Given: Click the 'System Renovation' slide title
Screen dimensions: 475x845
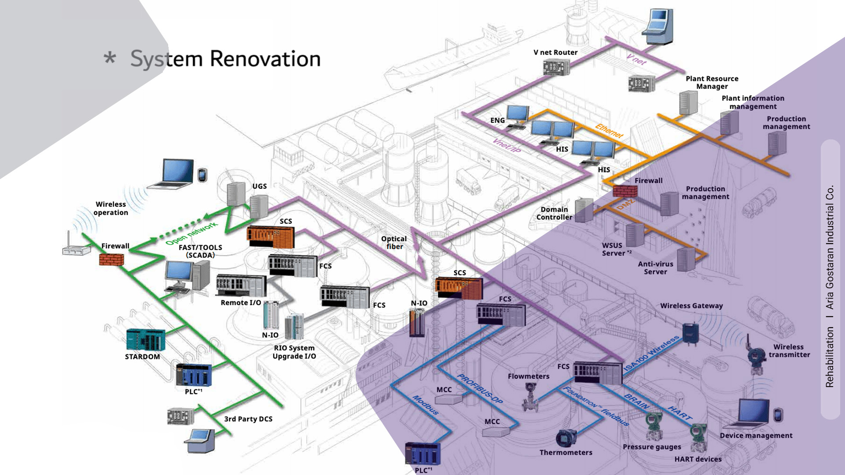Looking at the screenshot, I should point(225,59).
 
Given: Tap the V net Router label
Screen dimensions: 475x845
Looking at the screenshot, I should point(555,52).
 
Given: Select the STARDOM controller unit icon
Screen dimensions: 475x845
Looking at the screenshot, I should point(146,340).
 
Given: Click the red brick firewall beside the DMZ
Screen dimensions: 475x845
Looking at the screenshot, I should point(625,191).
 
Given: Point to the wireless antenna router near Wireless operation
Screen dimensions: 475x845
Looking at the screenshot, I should point(76,247).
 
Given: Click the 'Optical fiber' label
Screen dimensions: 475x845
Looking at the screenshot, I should point(394,242).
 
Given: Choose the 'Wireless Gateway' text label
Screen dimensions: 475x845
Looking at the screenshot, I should point(691,306).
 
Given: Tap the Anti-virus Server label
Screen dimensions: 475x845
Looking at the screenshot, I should point(655,268).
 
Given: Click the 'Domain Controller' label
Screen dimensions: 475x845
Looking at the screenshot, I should point(554,213).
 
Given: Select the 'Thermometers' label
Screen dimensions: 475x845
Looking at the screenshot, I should point(566,452).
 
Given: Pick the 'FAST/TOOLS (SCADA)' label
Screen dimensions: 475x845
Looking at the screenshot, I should point(200,251).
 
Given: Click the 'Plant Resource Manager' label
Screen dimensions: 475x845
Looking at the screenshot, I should point(712,82).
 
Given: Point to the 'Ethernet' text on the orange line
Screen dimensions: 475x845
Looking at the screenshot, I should point(609,131).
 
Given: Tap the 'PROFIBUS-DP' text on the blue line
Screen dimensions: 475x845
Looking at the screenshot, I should point(480,389).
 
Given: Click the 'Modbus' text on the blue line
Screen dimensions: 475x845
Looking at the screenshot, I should point(426,405).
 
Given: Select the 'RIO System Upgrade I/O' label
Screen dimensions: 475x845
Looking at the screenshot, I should point(294,352).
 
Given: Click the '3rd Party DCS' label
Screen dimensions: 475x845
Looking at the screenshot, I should point(248,419).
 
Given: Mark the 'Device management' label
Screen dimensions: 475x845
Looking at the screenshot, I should point(756,435).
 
